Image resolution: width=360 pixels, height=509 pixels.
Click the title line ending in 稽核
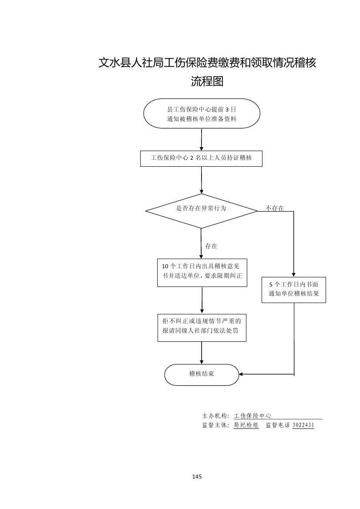(x=207, y=63)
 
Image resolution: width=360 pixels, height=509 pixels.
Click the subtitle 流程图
(x=207, y=81)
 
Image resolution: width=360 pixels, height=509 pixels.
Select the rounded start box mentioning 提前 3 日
(x=202, y=114)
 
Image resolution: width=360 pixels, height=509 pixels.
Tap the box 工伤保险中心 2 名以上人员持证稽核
(x=202, y=158)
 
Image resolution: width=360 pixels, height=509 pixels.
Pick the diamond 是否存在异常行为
(x=201, y=210)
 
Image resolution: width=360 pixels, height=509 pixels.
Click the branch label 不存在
(x=275, y=209)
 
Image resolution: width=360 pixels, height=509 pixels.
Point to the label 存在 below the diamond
(x=211, y=246)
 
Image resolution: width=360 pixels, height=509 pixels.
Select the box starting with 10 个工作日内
(x=202, y=273)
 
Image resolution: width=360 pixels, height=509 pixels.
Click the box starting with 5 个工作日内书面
(x=294, y=290)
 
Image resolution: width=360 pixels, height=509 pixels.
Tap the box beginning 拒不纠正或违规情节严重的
(x=202, y=328)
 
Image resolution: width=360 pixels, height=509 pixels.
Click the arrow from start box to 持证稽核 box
(x=202, y=139)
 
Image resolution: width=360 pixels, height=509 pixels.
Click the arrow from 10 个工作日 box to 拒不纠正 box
(x=202, y=300)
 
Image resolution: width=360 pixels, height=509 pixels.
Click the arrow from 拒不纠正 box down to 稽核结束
(x=202, y=353)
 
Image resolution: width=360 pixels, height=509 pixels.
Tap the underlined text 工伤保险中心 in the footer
(x=252, y=416)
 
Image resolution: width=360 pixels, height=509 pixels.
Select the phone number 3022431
(x=303, y=425)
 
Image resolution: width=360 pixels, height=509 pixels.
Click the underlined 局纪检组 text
(x=246, y=425)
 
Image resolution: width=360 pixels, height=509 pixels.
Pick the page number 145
(x=197, y=477)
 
